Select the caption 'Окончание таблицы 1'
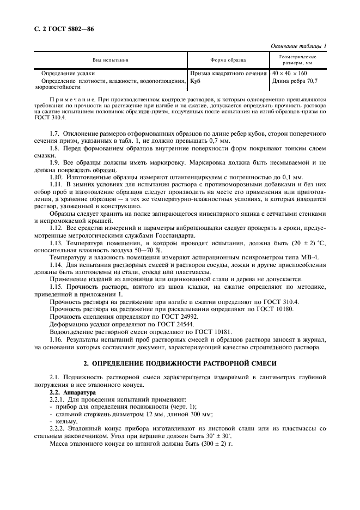click(x=298, y=46)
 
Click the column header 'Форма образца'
click(x=228, y=60)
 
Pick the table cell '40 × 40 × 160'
click(x=289, y=73)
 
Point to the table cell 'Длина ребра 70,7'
click(x=295, y=81)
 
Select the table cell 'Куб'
click(x=196, y=81)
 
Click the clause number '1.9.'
click(x=56, y=163)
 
